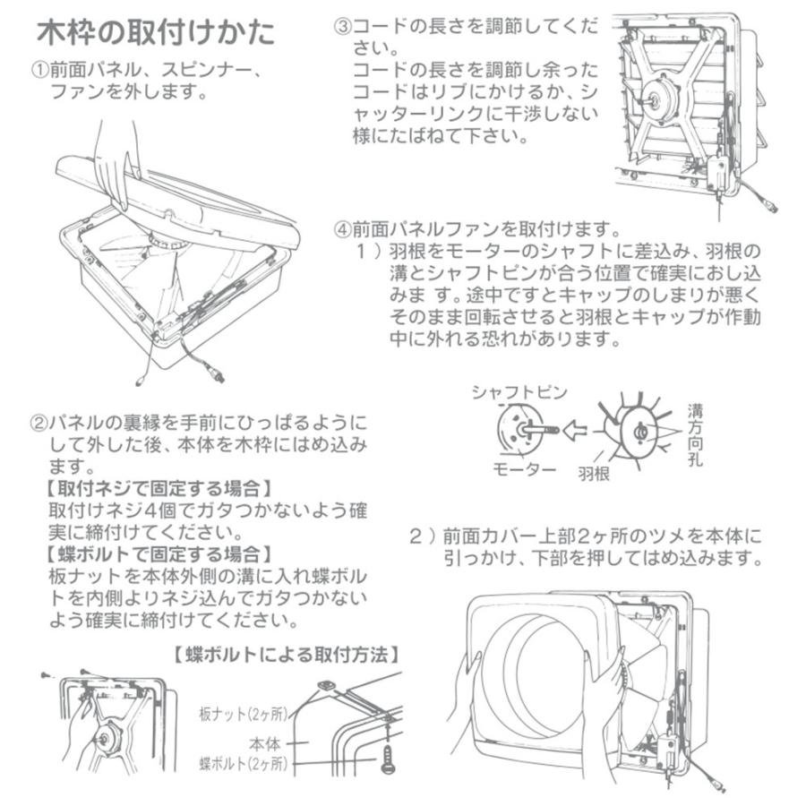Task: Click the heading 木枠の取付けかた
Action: coord(155,33)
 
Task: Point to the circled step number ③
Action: coord(341,25)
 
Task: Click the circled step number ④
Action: coord(341,228)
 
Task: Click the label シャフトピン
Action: coord(512,391)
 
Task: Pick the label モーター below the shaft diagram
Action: coord(522,469)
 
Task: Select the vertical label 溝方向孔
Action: coord(695,435)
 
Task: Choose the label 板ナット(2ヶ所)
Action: coord(242,715)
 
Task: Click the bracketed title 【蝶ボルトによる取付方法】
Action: coord(285,656)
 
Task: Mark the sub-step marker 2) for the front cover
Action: coord(420,537)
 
